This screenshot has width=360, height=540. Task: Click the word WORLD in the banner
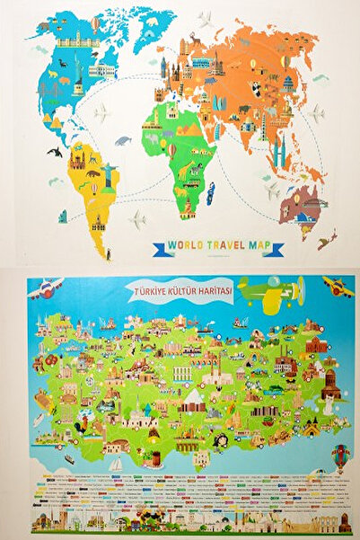pos(179,248)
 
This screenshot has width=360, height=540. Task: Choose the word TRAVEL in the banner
pos(223,248)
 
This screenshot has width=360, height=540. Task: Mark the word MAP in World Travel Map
pos(261,248)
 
